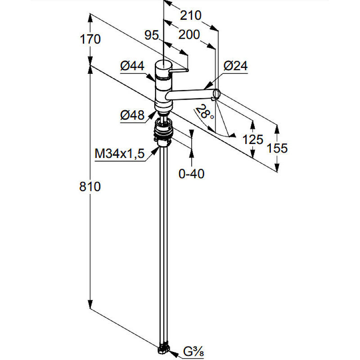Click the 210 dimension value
(x=190, y=16)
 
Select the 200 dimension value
(x=189, y=35)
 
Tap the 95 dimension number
(x=152, y=35)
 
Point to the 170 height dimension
(x=90, y=39)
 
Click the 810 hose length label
(x=90, y=186)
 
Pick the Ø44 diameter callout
(x=132, y=66)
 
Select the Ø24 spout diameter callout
(x=236, y=66)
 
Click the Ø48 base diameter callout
(x=132, y=115)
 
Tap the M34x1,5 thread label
(x=120, y=153)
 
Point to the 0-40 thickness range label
(x=192, y=174)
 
